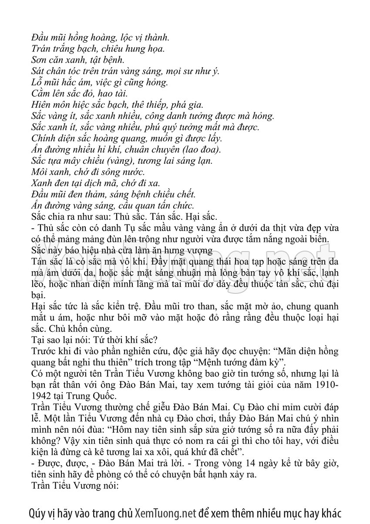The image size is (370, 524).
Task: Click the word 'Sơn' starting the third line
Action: [x=40, y=60]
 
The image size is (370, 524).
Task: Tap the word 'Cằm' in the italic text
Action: [x=42, y=93]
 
